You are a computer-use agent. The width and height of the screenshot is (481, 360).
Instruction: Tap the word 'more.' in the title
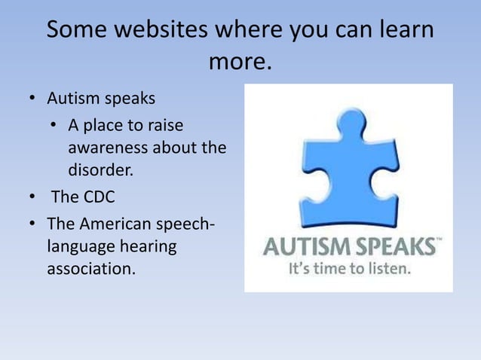[x=240, y=62]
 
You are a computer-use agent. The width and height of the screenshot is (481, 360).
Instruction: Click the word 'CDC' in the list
[x=99, y=198]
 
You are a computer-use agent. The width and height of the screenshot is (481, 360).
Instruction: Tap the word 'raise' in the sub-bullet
[x=164, y=124]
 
